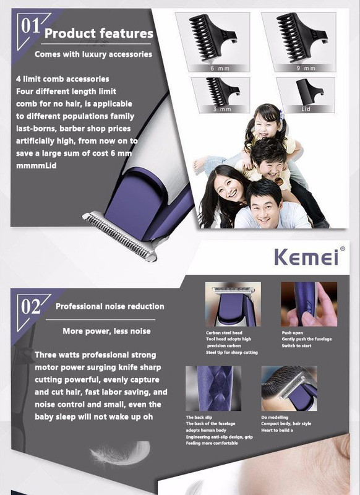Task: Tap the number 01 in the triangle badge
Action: click(x=30, y=26)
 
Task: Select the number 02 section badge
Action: click(x=30, y=306)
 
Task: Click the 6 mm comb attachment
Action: click(x=213, y=38)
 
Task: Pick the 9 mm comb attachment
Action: click(x=301, y=37)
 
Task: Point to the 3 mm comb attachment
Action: click(x=223, y=92)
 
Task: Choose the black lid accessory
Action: click(x=309, y=92)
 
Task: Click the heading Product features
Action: click(x=99, y=33)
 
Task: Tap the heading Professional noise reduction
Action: click(x=110, y=306)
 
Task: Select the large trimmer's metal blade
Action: click(x=120, y=236)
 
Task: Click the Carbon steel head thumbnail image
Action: click(x=233, y=304)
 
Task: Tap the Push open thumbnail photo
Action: click(x=309, y=304)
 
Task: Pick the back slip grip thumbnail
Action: click(x=213, y=389)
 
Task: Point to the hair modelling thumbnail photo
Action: click(x=289, y=389)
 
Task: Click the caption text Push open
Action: click(x=292, y=333)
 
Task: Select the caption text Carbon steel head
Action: click(x=224, y=333)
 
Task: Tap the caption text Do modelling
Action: click(x=275, y=417)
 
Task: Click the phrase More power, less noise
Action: click(x=106, y=331)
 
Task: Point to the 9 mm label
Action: click(x=306, y=68)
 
